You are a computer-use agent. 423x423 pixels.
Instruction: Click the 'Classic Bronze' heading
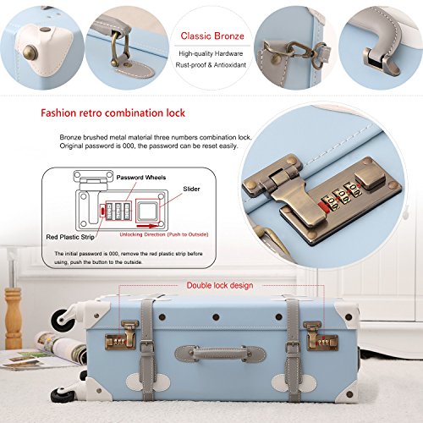[x=212, y=36]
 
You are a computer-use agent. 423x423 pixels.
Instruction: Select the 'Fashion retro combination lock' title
[x=113, y=113]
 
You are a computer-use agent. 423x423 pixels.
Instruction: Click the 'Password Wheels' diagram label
[x=141, y=178]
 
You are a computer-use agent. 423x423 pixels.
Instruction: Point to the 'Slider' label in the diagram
[x=191, y=189]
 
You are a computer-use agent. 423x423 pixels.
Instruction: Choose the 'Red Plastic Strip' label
[x=70, y=237]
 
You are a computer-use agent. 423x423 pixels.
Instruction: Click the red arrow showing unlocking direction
[x=147, y=226]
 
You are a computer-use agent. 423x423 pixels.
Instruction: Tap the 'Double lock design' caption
[x=220, y=285]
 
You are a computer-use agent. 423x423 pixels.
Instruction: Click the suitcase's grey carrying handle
[x=220, y=354]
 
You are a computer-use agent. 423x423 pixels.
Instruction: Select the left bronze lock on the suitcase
[x=121, y=336]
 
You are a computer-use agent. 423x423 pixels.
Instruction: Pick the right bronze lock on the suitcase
[x=321, y=337]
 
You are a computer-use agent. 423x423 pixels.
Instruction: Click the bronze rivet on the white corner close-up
[x=30, y=52]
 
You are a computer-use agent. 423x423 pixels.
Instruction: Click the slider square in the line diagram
[x=147, y=211]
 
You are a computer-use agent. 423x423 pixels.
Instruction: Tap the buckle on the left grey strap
[x=147, y=346]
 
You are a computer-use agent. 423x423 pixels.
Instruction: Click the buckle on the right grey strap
[x=294, y=347]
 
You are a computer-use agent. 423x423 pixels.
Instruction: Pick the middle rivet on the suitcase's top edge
[x=216, y=317]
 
